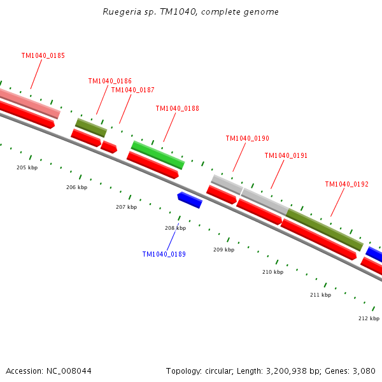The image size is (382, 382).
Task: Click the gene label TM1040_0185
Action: [43, 56]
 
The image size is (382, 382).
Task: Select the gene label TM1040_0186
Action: [110, 81]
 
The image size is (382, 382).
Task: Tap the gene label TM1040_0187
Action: [132, 90]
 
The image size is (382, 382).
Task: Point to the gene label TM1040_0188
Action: [177, 109]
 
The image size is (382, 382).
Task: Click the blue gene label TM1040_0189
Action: [164, 255]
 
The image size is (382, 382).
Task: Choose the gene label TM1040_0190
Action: [247, 139]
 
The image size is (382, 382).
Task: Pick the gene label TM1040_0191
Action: [286, 156]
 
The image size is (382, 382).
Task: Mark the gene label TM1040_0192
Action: [346, 185]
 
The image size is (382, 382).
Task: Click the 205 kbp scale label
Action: [27, 167]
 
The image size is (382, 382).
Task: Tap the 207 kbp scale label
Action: [126, 207]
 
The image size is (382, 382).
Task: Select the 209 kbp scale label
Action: [223, 250]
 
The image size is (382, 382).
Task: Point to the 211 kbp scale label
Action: [320, 295]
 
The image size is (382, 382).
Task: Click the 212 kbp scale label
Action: [369, 318]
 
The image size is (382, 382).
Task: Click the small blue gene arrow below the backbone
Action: [190, 200]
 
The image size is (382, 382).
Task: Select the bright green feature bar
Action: [157, 155]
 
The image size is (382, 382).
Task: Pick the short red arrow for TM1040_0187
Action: [109, 147]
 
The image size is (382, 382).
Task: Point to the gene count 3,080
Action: [364, 371]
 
